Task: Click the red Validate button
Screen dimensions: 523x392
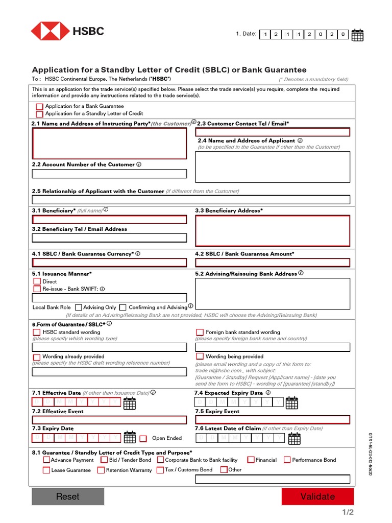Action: click(x=317, y=496)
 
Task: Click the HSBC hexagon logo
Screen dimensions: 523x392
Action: click(x=50, y=31)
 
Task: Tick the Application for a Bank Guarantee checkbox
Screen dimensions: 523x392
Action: click(x=40, y=106)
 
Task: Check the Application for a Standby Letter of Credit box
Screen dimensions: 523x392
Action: click(x=40, y=114)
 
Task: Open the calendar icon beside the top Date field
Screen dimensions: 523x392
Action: click(x=358, y=35)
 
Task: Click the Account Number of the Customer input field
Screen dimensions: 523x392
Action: click(x=109, y=174)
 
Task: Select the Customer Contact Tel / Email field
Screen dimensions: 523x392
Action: click(x=273, y=132)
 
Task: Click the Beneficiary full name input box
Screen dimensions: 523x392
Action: click(x=109, y=220)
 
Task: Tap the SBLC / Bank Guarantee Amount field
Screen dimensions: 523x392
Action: click(x=273, y=263)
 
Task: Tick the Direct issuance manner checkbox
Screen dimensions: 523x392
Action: click(x=37, y=281)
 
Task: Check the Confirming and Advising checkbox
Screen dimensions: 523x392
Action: click(x=123, y=307)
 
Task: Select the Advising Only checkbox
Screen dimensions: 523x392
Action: click(x=79, y=307)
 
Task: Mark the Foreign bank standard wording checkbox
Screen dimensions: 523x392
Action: click(x=200, y=332)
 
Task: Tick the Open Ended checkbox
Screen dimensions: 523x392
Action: click(x=143, y=438)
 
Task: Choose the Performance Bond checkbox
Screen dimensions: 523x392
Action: click(x=287, y=460)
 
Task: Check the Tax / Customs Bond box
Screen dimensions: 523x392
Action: click(x=160, y=470)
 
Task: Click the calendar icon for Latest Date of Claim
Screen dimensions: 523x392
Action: click(x=295, y=438)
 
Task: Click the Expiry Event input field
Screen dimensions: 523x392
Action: click(x=273, y=420)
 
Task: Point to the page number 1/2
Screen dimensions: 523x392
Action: click(x=347, y=512)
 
